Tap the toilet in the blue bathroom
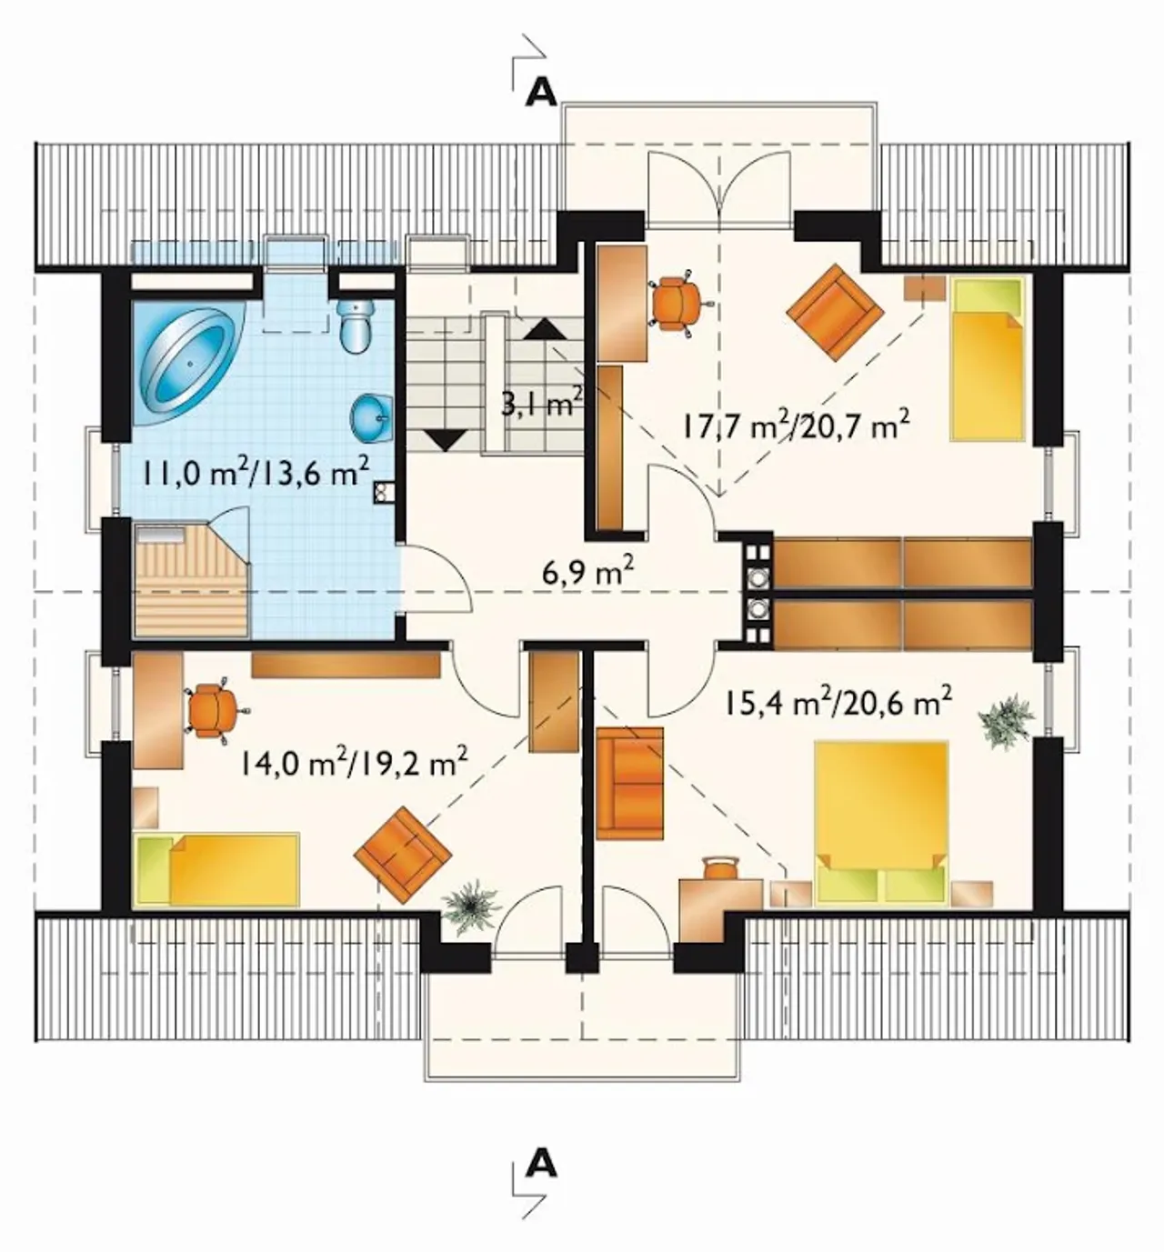point(356,326)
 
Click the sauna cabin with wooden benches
point(191,578)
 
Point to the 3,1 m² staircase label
point(540,405)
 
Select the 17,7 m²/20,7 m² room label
point(795,427)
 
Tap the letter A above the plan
point(542,94)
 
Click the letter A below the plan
point(542,1166)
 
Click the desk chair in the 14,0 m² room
point(213,710)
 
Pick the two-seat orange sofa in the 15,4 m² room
point(629,784)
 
